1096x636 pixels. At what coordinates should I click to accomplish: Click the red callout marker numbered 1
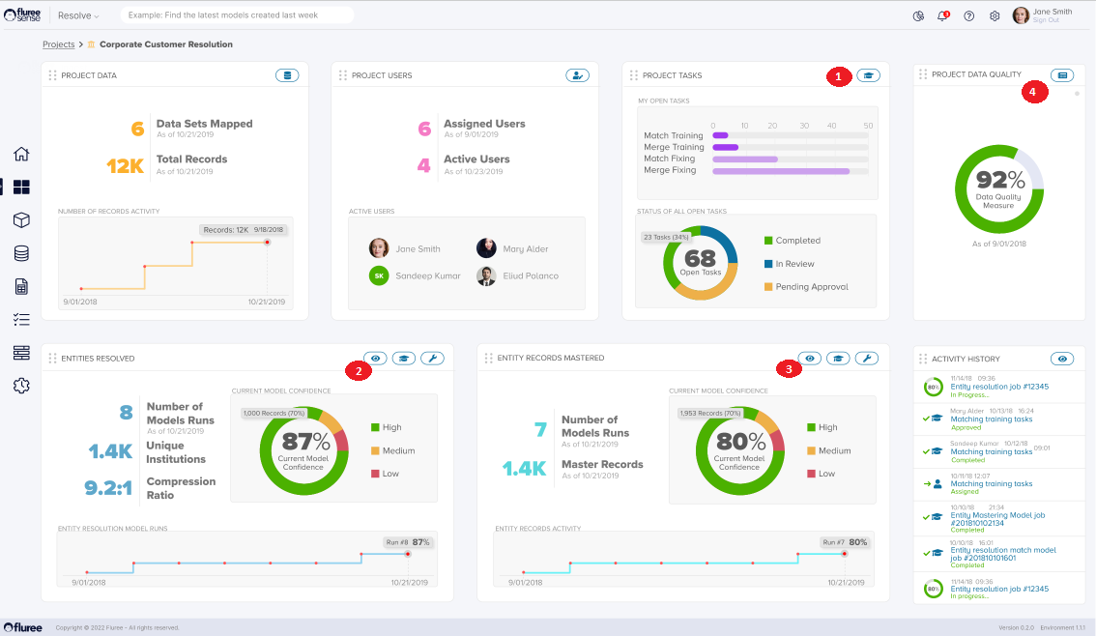coord(839,75)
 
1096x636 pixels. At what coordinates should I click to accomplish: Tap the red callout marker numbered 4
coord(1034,92)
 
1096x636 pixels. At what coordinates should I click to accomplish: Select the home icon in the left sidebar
coord(21,154)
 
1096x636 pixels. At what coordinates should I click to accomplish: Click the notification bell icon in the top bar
coord(942,15)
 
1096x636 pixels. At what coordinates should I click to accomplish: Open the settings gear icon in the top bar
coord(995,15)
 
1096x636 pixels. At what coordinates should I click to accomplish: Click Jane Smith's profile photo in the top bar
coord(1021,15)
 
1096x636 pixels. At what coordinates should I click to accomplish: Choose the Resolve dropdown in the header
coord(78,15)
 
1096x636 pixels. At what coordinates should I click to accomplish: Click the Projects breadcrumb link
coord(59,44)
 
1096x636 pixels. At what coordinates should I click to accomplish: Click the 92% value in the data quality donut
coord(999,180)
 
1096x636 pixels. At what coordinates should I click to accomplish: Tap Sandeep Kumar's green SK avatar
coord(379,275)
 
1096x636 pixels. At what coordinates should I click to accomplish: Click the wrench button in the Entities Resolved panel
coord(432,359)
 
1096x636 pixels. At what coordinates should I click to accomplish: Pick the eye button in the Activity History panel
coord(1063,359)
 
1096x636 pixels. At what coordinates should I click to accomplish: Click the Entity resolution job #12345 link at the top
coord(999,387)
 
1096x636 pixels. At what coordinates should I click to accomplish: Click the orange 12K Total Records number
coord(126,166)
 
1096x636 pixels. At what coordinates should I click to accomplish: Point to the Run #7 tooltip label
coord(833,542)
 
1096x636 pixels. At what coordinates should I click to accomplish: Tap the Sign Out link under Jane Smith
coord(1046,19)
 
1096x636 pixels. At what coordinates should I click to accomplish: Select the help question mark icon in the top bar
coord(968,15)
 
